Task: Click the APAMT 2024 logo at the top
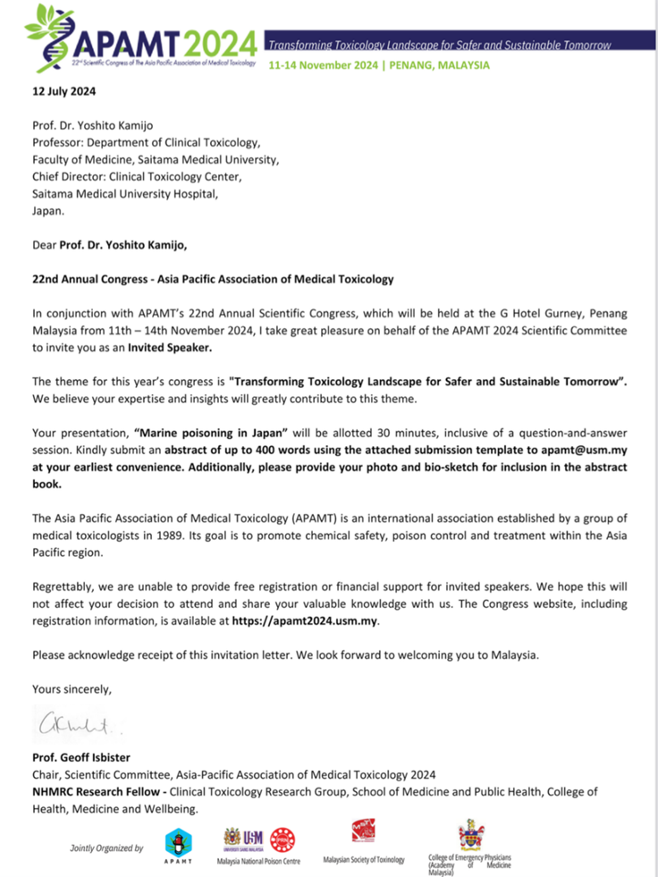(143, 39)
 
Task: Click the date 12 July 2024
(63, 91)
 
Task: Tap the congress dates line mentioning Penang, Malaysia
(379, 65)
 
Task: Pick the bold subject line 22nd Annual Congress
(213, 279)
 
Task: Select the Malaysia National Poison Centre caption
(258, 861)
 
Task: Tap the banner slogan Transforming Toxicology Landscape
(440, 45)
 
